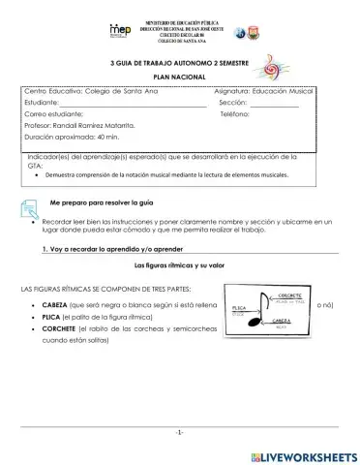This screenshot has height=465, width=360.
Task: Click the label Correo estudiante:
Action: coord(54,114)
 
